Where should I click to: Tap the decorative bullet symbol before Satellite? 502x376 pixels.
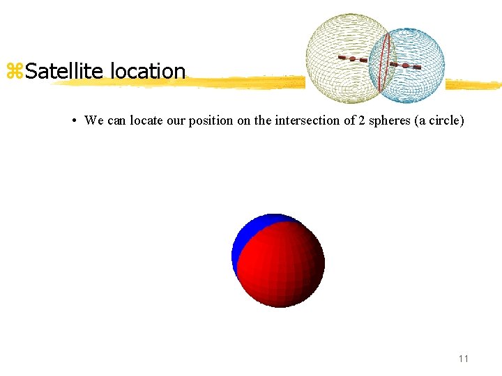(14, 71)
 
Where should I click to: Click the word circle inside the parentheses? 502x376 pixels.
(445, 120)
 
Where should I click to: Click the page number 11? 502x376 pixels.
(464, 359)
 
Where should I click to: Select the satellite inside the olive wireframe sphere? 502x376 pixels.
(353, 59)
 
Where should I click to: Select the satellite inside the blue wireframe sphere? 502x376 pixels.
(405, 65)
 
